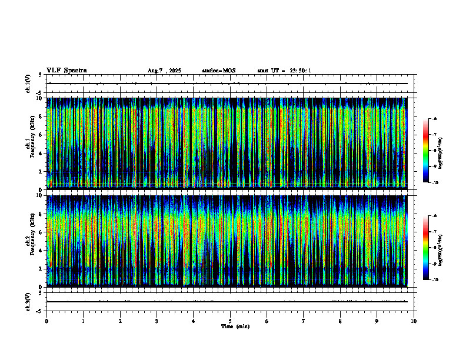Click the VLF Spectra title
[66, 70]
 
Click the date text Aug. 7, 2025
[164, 71]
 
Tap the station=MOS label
[218, 71]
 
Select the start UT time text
[284, 71]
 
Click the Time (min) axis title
[235, 326]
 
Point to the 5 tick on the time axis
[230, 321]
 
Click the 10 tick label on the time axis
[414, 321]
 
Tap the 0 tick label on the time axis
[46, 321]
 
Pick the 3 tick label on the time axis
[157, 321]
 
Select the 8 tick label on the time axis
[340, 321]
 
